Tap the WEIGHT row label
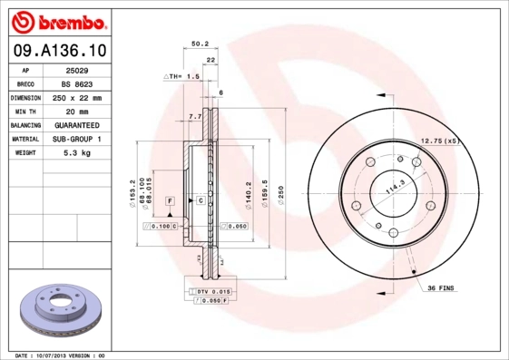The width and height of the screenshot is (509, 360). [x=26, y=153]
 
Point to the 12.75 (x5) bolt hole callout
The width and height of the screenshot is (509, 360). [x=441, y=141]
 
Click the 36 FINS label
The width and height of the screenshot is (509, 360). [x=441, y=287]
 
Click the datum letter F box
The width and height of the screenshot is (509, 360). [x=170, y=199]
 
